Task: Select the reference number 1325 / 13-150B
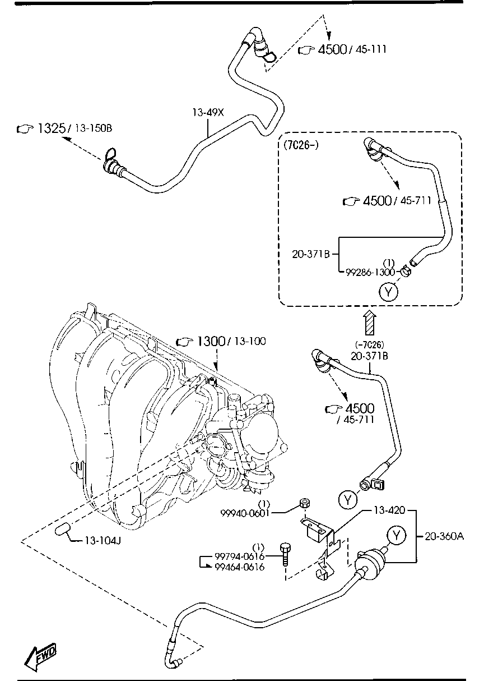[x=64, y=129]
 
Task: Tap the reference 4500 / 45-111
[x=342, y=50]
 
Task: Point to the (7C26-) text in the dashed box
[x=300, y=146]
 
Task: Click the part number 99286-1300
[x=370, y=272]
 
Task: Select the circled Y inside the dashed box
[x=388, y=291]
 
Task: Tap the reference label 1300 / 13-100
[x=221, y=341]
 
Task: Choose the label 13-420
[x=386, y=510]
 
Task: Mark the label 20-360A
[x=444, y=536]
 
